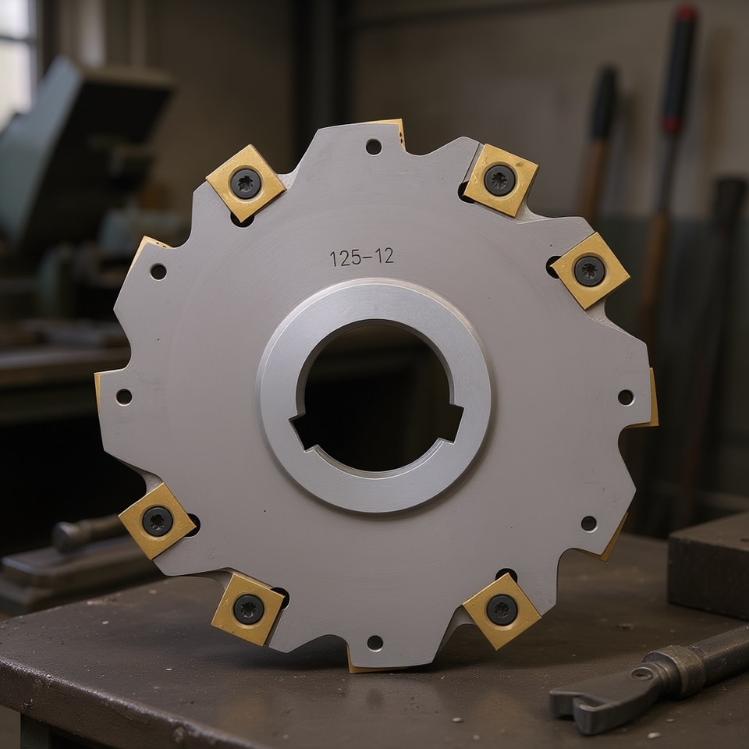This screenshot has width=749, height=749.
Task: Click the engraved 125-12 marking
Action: coord(361,257)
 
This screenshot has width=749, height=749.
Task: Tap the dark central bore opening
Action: coord(378,396)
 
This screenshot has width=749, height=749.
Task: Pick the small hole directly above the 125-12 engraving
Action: coord(374,146)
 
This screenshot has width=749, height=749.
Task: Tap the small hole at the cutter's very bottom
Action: coord(374,642)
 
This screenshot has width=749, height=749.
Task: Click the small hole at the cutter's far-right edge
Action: coord(625,396)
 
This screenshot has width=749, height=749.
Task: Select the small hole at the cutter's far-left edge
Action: coord(124,396)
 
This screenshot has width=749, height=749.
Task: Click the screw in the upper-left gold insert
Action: coord(246,183)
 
